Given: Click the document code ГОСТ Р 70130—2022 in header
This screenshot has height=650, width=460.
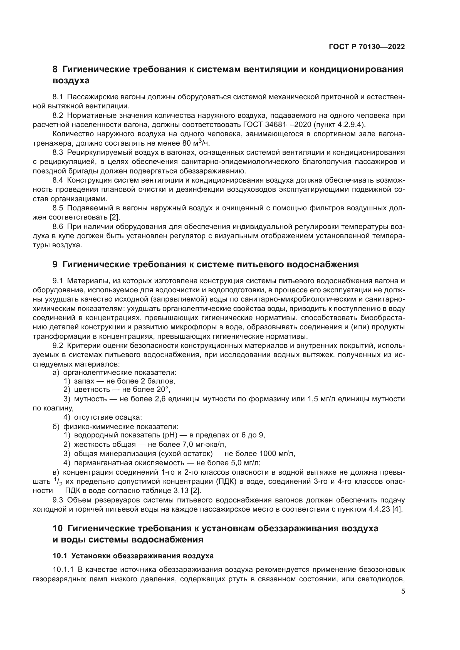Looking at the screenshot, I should pyautogui.click(x=367, y=47).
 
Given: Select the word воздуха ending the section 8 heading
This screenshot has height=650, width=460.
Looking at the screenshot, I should pyautogui.click(x=71, y=81).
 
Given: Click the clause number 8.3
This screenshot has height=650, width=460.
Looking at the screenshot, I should pyautogui.click(x=58, y=153).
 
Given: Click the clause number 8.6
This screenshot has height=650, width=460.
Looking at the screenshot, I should pyautogui.click(x=58, y=227).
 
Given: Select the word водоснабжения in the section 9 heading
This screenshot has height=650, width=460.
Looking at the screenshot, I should pyautogui.click(x=323, y=264).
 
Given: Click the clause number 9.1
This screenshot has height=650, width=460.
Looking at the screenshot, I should pyautogui.click(x=58, y=281).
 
